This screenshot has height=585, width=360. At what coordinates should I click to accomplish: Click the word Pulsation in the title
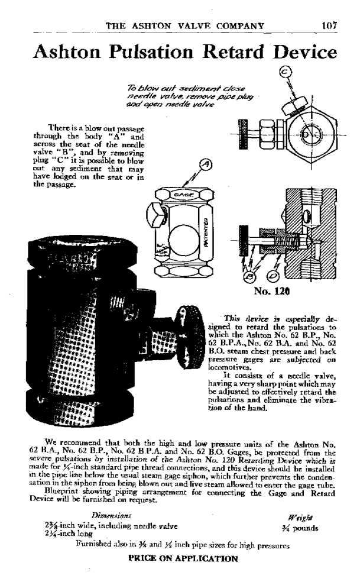pos(144,53)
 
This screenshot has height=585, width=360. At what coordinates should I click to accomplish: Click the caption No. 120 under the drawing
pos(270,292)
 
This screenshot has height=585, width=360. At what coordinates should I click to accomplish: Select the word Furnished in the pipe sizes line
pos(95,546)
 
